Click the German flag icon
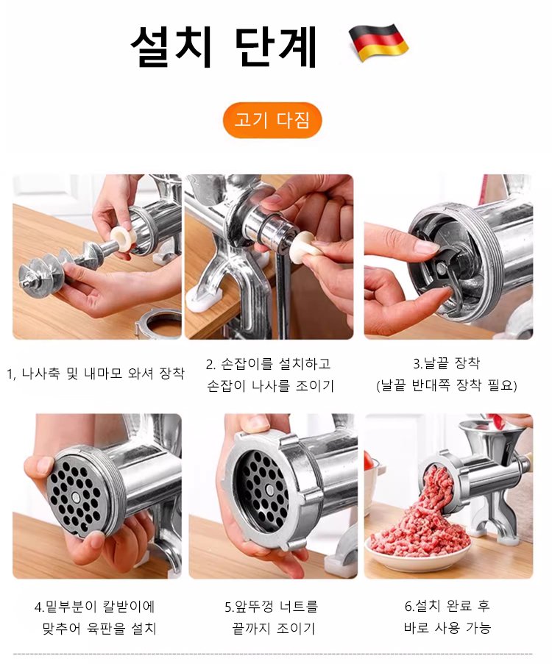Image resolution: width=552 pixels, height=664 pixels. (378, 43)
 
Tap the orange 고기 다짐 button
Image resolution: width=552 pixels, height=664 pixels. (272, 121)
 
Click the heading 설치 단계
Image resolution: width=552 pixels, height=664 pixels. (224, 46)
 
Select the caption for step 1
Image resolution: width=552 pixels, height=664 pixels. (96, 374)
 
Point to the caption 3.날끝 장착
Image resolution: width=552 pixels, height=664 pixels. (447, 363)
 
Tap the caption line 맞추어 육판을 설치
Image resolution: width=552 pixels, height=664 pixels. (99, 628)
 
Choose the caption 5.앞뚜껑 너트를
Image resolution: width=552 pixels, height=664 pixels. (272, 607)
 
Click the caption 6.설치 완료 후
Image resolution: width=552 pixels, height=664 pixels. (447, 606)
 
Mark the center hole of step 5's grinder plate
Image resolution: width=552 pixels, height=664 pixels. (269, 490)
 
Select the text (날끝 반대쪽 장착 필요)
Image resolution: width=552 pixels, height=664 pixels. (447, 386)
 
